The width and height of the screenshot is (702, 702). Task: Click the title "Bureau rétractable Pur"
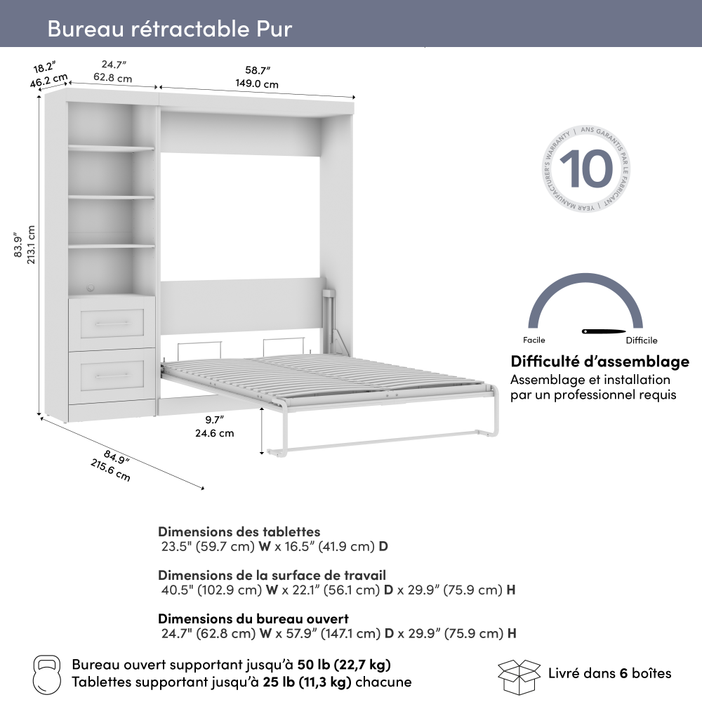pyautogui.click(x=170, y=28)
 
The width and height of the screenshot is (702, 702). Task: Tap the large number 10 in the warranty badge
pyautogui.click(x=586, y=168)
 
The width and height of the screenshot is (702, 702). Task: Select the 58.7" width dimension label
pyautogui.click(x=258, y=70)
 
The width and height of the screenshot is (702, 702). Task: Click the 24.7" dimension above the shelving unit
pyautogui.click(x=114, y=65)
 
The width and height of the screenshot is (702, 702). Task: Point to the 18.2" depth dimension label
pyautogui.click(x=44, y=67)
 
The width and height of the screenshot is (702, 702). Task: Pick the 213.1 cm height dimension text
pyautogui.click(x=31, y=244)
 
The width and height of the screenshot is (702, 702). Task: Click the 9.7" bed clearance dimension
pyautogui.click(x=214, y=420)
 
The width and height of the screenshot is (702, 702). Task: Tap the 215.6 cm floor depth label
pyautogui.click(x=110, y=470)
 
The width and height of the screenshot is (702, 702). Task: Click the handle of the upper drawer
pyautogui.click(x=112, y=323)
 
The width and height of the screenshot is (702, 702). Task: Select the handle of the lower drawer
pyautogui.click(x=112, y=375)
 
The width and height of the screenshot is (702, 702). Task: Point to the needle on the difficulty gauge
pyautogui.click(x=603, y=331)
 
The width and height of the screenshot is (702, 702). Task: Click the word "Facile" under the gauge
pyautogui.click(x=534, y=340)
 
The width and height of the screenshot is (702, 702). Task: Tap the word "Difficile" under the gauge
pyautogui.click(x=642, y=340)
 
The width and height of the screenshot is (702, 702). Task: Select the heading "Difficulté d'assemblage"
pyautogui.click(x=600, y=362)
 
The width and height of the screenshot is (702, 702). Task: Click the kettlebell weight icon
pyautogui.click(x=46, y=675)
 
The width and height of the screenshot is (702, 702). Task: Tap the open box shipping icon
pyautogui.click(x=519, y=677)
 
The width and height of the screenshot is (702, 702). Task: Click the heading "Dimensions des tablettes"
pyautogui.click(x=239, y=531)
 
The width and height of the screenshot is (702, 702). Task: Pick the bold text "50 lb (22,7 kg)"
pyautogui.click(x=344, y=665)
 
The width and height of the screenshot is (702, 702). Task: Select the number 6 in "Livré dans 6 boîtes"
pyautogui.click(x=623, y=673)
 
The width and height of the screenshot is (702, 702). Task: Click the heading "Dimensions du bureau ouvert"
pyautogui.click(x=253, y=618)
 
